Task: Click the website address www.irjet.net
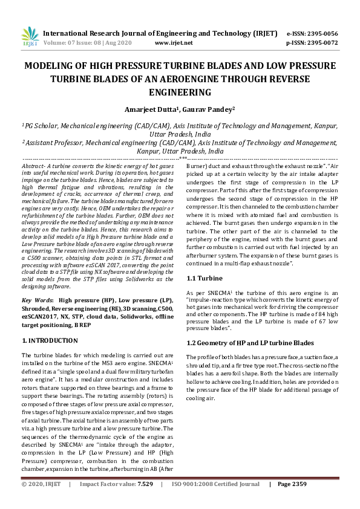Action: [174, 43]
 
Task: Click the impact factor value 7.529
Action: [145, 501]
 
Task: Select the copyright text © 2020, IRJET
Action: [42, 501]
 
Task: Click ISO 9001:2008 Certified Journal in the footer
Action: [215, 501]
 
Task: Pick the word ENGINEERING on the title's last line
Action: [180, 92]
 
